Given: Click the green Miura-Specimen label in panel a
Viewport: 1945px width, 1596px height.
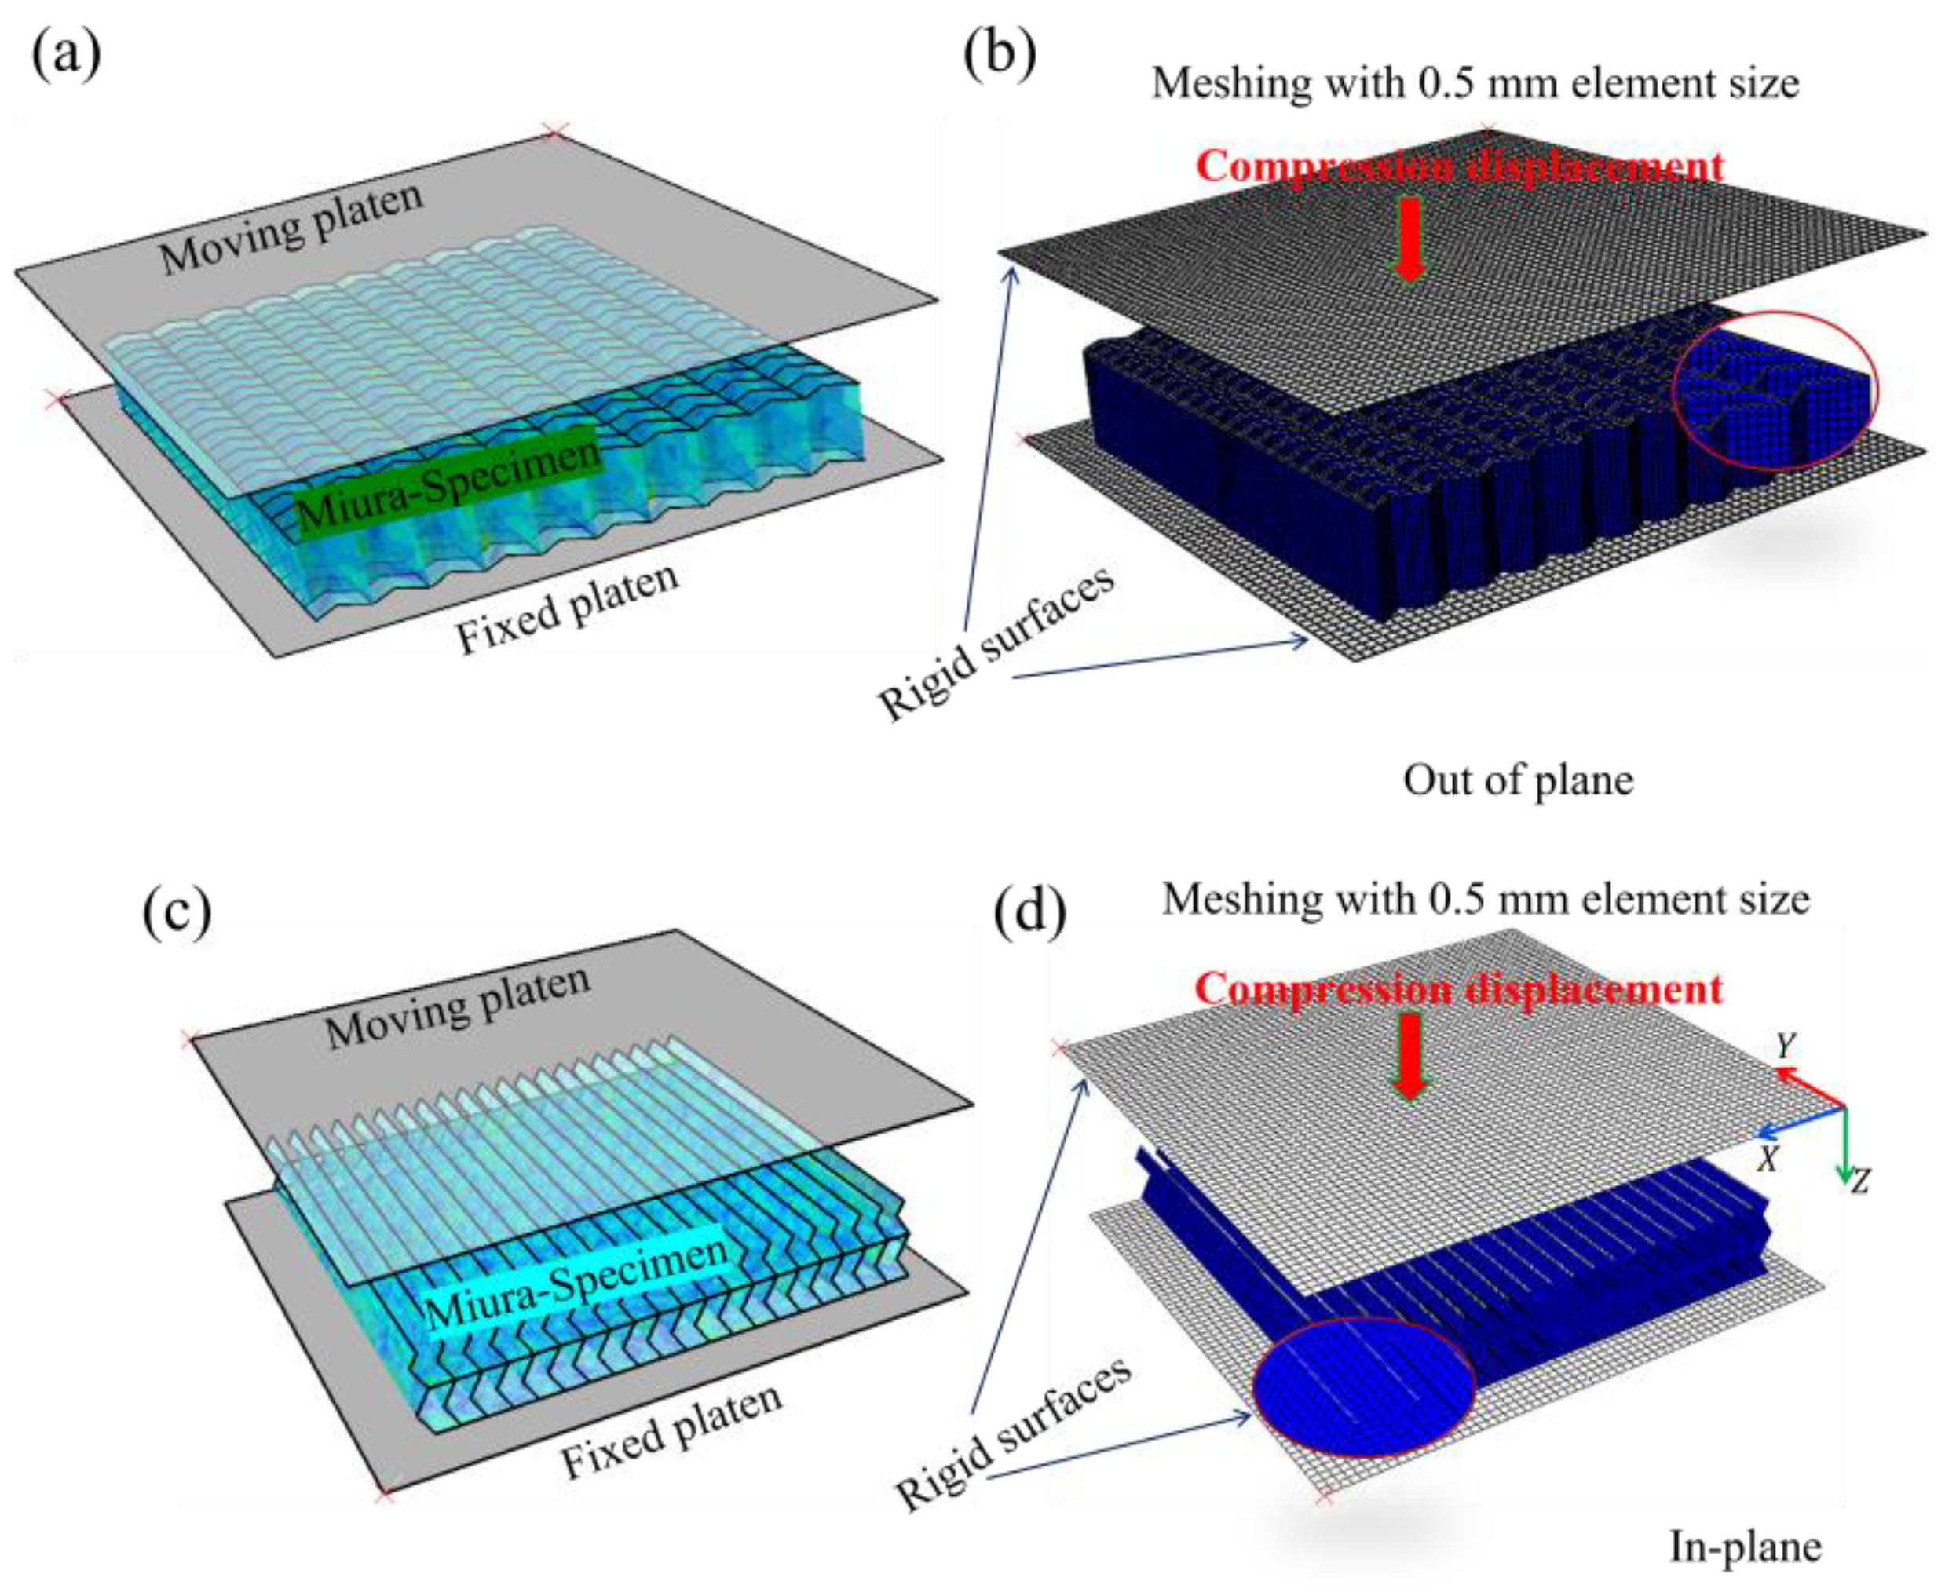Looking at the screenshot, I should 448,484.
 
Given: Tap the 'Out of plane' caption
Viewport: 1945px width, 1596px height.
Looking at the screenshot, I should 1517,780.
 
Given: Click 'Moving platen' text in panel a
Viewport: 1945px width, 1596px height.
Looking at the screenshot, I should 291,227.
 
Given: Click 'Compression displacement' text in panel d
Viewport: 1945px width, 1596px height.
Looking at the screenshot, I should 1458,990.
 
